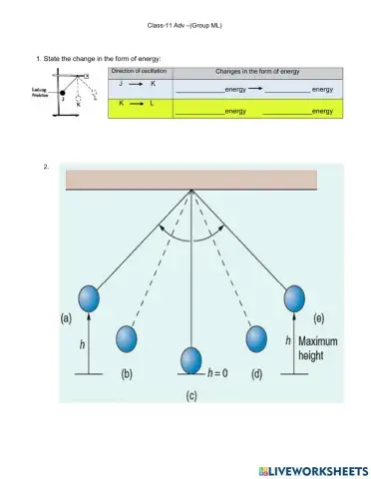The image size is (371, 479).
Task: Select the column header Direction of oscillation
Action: pyautogui.click(x=139, y=73)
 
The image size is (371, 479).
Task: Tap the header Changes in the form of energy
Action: pyautogui.click(x=257, y=73)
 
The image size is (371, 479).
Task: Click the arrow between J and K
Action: pyautogui.click(x=139, y=87)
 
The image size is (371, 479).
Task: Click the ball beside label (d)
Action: pyautogui.click(x=255, y=339)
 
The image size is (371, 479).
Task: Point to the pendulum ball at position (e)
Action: pyautogui.click(x=294, y=297)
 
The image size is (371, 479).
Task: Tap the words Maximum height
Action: pyautogui.click(x=317, y=349)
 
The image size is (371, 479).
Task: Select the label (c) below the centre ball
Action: pyautogui.click(x=190, y=394)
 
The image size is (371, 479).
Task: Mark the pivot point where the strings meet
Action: pyautogui.click(x=191, y=190)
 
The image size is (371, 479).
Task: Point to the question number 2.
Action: pyautogui.click(x=48, y=166)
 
